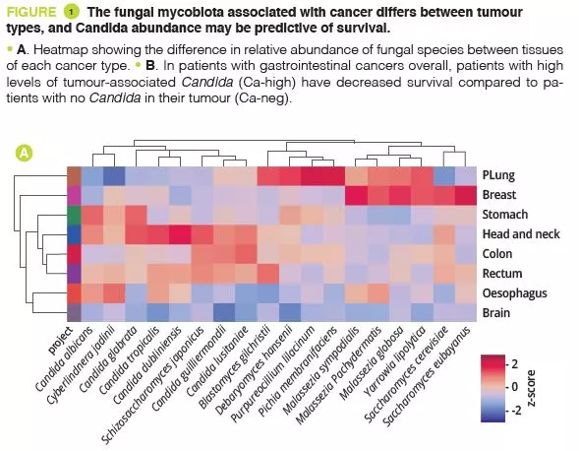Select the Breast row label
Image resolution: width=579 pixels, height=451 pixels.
point(500,195)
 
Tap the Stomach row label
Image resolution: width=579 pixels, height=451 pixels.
point(506,215)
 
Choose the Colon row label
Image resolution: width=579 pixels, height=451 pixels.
point(498,254)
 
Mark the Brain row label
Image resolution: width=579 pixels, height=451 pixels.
point(496,313)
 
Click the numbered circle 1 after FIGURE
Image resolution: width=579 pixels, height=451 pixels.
point(71,11)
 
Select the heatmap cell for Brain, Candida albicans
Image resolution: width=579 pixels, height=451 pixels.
point(90,313)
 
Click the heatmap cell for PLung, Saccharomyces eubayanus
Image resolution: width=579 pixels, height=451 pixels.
point(466,175)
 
